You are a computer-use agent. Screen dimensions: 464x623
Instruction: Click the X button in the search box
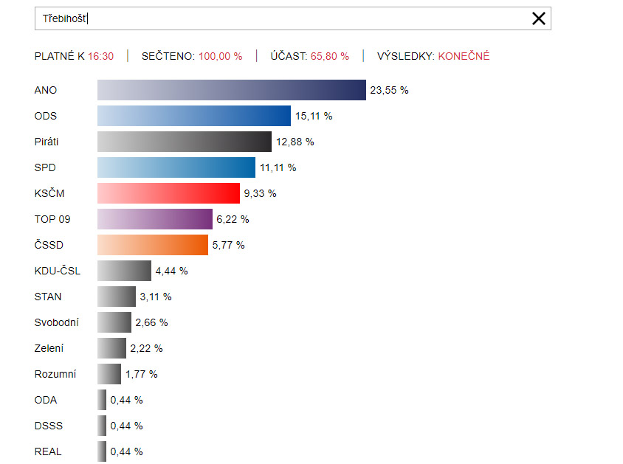[x=539, y=18]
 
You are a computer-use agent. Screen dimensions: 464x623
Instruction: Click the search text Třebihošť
[x=65, y=18]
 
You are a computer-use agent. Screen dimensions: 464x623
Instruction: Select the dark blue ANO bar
[x=232, y=90]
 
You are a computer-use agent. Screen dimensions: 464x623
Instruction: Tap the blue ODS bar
[x=194, y=116]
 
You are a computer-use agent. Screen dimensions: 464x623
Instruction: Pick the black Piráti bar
[x=185, y=142]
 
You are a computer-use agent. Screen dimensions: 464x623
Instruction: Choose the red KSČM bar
[x=168, y=193]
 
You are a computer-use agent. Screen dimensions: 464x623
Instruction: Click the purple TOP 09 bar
[x=155, y=219]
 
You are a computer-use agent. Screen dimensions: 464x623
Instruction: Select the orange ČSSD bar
[x=153, y=245]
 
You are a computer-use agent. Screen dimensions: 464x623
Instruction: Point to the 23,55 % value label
[x=389, y=90]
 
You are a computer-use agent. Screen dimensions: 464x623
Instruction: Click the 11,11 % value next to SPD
[x=278, y=167]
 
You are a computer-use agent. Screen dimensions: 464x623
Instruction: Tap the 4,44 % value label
[x=171, y=271]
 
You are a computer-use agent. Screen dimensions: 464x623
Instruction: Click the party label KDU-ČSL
[x=58, y=271]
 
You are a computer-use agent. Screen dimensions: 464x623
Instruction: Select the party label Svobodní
[x=57, y=322]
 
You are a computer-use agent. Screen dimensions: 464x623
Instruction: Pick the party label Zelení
[x=49, y=348]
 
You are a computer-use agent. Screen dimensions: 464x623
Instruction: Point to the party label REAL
[x=48, y=451]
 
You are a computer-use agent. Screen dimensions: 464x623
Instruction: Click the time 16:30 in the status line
[x=100, y=56]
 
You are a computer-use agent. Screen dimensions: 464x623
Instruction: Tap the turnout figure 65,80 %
[x=330, y=56]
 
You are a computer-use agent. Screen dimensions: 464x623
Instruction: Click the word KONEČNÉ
[x=464, y=56]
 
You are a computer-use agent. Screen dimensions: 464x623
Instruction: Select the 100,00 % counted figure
[x=220, y=56]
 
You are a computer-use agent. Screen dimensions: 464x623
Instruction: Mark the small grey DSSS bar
[x=102, y=426]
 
